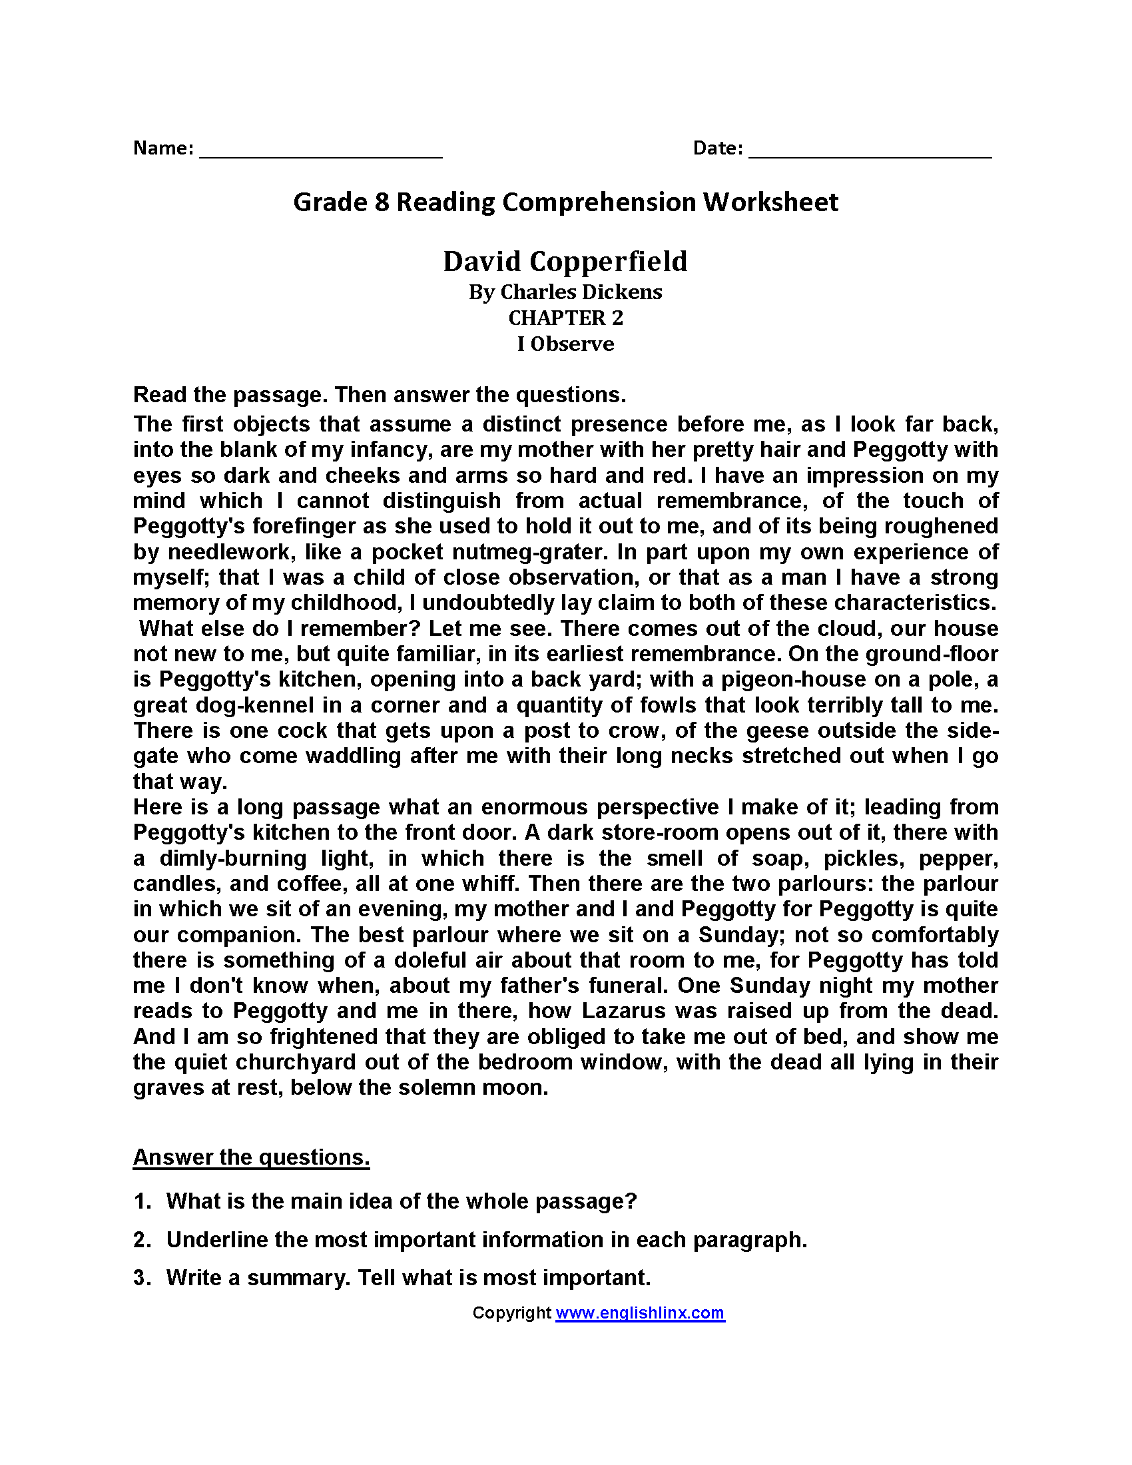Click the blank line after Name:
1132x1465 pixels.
click(x=320, y=154)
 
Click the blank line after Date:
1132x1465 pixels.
click(x=870, y=154)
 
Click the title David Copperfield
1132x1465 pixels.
click(x=565, y=261)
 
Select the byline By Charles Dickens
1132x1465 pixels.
click(x=565, y=292)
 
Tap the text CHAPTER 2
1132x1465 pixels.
click(x=565, y=318)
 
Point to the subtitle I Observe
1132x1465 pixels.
click(x=565, y=344)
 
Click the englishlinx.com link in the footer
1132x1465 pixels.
click(x=640, y=1313)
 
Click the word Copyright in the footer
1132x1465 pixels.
click(x=511, y=1313)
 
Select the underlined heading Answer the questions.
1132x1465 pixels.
click(x=251, y=1157)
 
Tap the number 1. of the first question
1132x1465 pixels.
click(x=142, y=1201)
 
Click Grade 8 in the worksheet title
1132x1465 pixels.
click(x=341, y=202)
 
